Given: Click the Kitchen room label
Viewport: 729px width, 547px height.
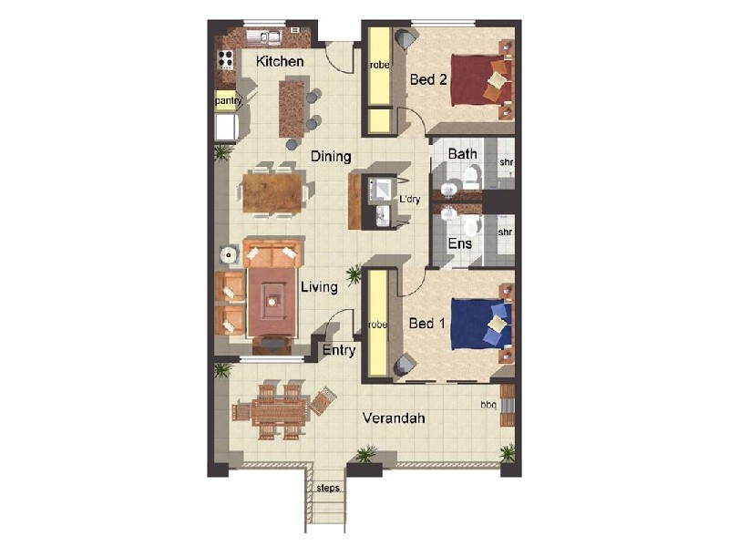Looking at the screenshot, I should coord(279,62).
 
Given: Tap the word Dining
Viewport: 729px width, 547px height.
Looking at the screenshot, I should coord(330,157).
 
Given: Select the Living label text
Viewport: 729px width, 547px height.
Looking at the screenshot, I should coord(319,287).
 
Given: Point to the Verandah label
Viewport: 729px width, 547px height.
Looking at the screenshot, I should coord(394,418).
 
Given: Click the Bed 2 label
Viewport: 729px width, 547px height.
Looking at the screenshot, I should coord(426,79).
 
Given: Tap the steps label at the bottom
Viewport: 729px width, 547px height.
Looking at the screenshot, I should coord(327,488).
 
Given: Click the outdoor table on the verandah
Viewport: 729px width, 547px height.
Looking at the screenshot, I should coord(271,411).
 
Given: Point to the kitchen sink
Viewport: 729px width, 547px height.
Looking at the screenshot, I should coord(269,37).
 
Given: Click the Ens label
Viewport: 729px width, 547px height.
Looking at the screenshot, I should coord(459,244).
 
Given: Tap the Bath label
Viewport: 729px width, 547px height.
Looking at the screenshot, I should coord(462,154).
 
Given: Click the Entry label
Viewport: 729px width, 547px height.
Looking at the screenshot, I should coord(338,350).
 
